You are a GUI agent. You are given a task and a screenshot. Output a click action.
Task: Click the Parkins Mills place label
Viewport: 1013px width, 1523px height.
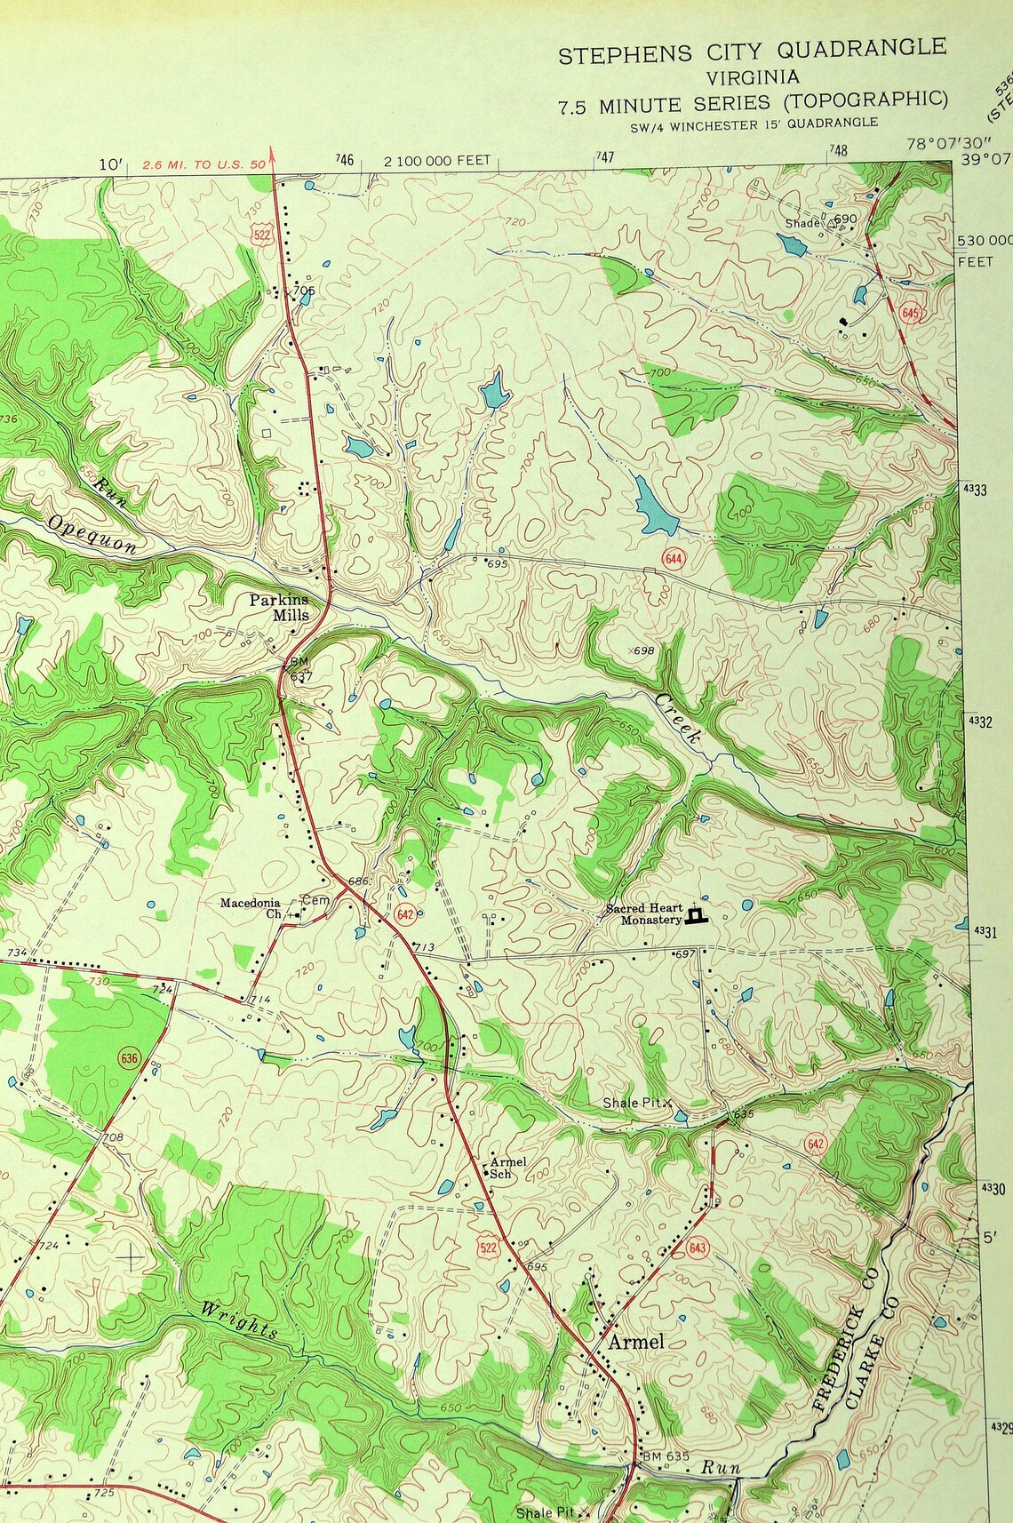coord(279,608)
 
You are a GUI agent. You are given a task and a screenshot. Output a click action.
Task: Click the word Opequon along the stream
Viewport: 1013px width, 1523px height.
coord(93,534)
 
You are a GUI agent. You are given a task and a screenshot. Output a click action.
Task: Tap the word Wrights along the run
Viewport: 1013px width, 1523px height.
coord(238,1320)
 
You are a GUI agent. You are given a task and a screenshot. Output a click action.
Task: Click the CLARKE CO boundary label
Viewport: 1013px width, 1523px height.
coord(872,1353)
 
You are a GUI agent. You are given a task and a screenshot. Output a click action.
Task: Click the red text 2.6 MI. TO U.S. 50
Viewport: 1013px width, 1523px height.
coord(204,163)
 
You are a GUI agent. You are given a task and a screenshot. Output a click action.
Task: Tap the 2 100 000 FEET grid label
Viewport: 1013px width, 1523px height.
coord(437,161)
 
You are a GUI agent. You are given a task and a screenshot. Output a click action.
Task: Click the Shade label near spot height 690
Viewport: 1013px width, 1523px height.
coord(802,223)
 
